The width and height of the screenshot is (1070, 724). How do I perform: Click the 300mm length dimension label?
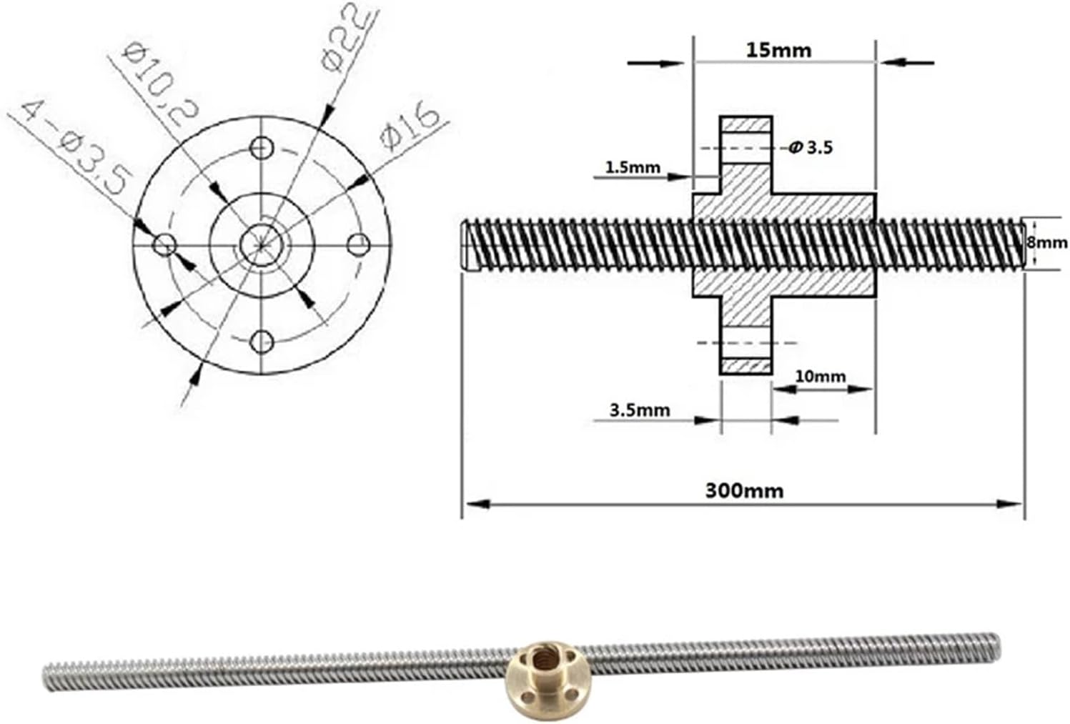click(744, 491)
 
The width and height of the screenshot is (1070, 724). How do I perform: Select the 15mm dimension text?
click(778, 50)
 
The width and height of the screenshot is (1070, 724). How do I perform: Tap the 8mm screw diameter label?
click(1047, 242)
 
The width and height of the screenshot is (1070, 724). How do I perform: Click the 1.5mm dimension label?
click(633, 167)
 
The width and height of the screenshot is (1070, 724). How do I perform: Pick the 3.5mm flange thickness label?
click(640, 410)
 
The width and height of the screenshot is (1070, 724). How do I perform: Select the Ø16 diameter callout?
click(410, 124)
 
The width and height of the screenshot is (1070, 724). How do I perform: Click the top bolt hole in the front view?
click(262, 148)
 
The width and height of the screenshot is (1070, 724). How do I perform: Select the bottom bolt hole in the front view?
click(262, 341)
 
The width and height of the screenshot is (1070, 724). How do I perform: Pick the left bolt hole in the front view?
click(165, 244)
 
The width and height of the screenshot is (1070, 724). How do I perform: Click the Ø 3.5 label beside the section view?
click(811, 148)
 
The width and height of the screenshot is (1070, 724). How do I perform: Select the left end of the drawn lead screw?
click(466, 244)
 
